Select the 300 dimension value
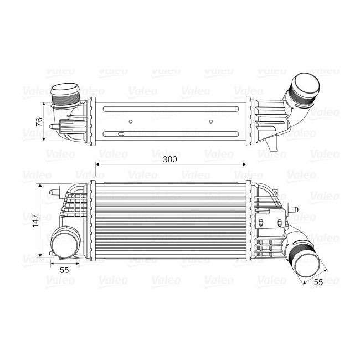170,160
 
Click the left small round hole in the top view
130,121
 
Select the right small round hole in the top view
210,121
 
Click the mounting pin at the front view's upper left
52,194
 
